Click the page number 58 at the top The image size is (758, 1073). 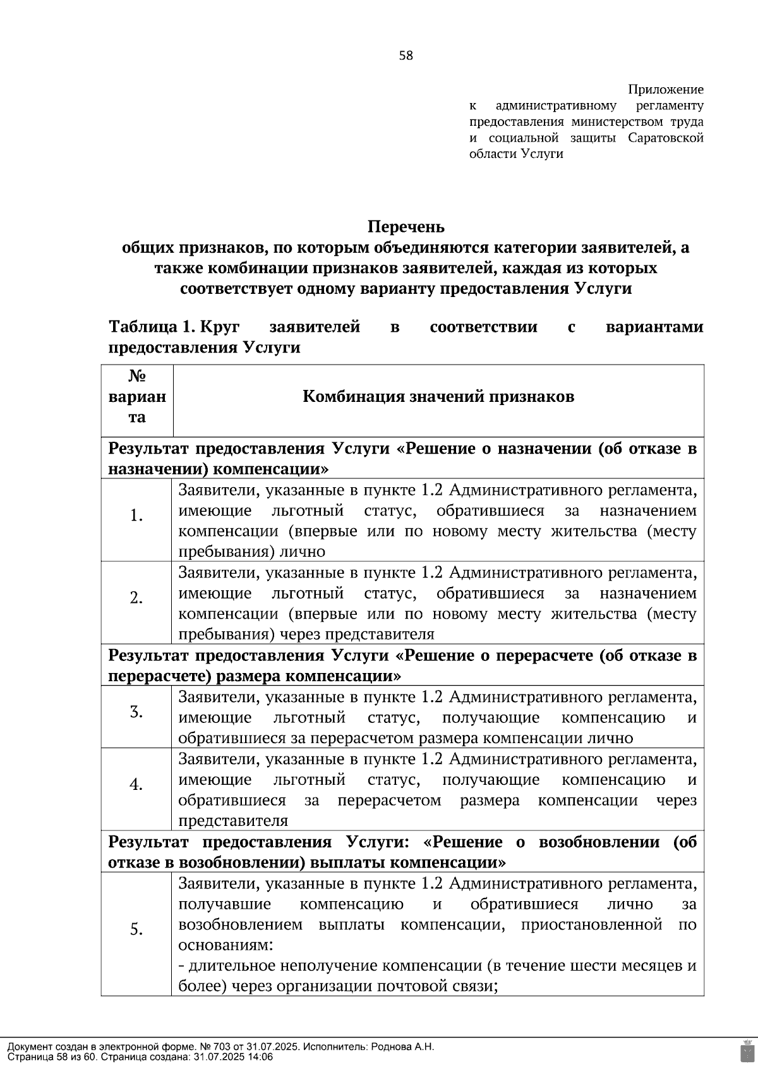pyautogui.click(x=406, y=56)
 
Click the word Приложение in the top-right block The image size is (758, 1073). pyautogui.click(x=666, y=90)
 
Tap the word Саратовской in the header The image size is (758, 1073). pyautogui.click(x=666, y=138)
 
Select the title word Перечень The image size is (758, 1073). pyautogui.click(x=406, y=227)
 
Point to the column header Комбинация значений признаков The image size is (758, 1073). pyautogui.click(x=438, y=397)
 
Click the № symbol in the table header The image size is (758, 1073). pyautogui.click(x=137, y=377)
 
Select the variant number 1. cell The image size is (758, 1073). pyautogui.click(x=136, y=516)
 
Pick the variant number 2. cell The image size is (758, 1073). pyautogui.click(x=136, y=598)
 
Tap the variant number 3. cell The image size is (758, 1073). pyautogui.click(x=136, y=712)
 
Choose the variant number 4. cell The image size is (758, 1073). pyautogui.click(x=136, y=785)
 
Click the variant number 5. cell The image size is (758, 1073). pyautogui.click(x=136, y=930)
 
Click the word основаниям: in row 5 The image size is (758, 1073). pyautogui.click(x=226, y=945)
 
